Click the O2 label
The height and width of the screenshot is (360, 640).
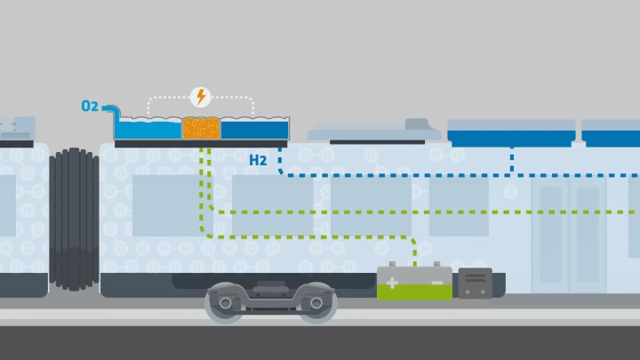pos(90,107)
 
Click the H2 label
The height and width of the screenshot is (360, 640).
pos(258,161)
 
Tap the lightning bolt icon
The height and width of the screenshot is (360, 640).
pos(201,97)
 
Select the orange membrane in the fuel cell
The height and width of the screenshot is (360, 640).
pos(201,129)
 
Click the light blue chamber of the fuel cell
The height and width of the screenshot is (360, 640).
pos(148,131)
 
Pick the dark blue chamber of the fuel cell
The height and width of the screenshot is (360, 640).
pos(254,131)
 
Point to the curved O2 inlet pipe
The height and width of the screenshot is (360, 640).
pos(111,110)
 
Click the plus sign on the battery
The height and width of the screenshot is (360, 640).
pos(392,283)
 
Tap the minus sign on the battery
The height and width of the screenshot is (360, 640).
pos(436,283)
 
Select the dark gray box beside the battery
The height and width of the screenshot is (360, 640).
pos(475,283)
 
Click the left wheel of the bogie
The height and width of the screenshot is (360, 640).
pos(226,303)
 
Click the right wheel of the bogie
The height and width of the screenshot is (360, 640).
pos(316,303)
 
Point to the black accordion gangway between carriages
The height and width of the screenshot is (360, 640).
pos(74,219)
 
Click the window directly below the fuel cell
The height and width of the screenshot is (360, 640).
pos(165,204)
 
